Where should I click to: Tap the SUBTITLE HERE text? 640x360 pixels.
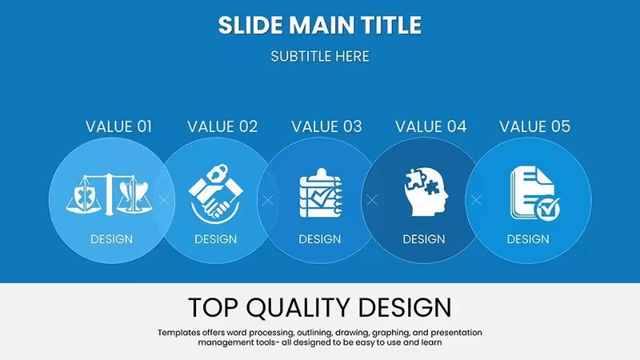click(320, 56)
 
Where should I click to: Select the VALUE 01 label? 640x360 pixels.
click(118, 126)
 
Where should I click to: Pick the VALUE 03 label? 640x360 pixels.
click(326, 126)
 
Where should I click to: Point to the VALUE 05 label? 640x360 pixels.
click(534, 126)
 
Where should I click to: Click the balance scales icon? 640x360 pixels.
click(109, 194)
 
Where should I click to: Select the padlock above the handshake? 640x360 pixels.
click(216, 172)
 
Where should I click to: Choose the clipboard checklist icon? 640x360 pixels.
click(321, 193)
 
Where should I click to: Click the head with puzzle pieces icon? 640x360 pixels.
click(426, 192)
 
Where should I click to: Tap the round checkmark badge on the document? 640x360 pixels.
click(548, 209)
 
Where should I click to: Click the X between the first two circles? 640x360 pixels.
click(164, 200)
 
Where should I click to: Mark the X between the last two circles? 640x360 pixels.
click(476, 200)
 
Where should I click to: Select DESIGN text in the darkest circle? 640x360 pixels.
click(424, 239)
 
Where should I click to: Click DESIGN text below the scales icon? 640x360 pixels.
click(111, 239)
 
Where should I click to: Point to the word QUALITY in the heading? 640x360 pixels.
click(298, 307)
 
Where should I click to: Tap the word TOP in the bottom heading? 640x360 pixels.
click(212, 307)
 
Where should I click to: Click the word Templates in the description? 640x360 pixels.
click(178, 333)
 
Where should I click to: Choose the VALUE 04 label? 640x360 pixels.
click(430, 126)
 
